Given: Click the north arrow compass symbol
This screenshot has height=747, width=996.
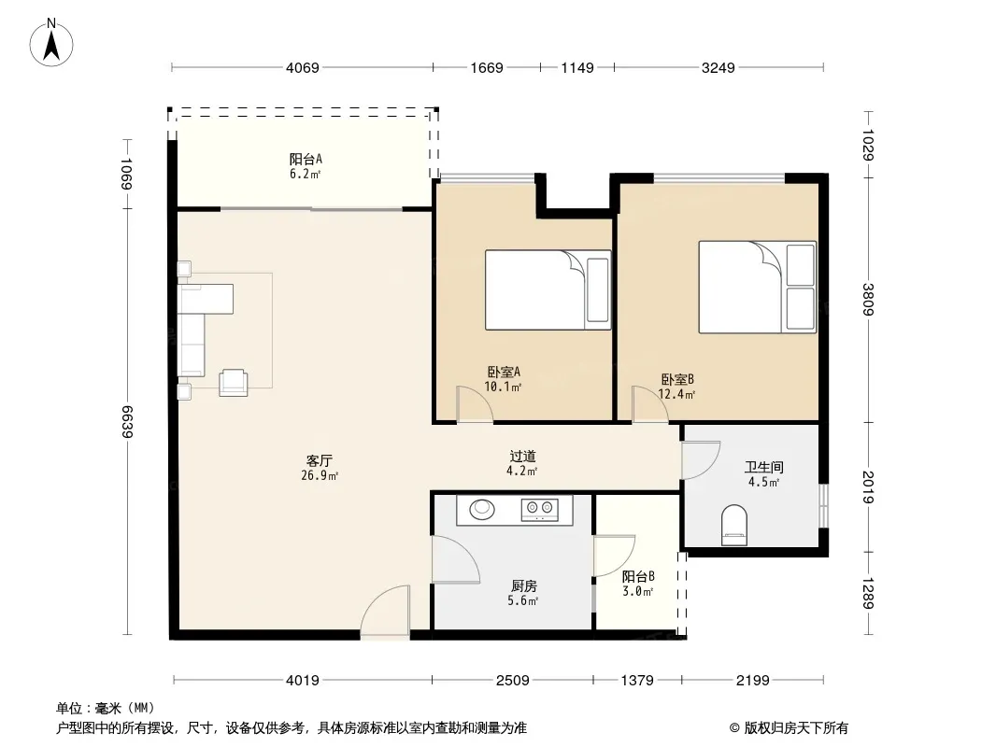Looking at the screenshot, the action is (51, 43).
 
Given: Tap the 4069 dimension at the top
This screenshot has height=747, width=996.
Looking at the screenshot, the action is (303, 67).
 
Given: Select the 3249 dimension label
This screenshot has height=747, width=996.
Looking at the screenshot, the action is (718, 67).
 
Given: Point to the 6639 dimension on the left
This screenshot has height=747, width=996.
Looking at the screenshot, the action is (126, 421).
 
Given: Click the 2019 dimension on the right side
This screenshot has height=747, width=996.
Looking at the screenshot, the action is (868, 486).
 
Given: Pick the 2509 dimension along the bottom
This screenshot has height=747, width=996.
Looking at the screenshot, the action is (512, 681).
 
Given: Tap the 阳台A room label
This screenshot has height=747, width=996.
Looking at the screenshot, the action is (306, 166).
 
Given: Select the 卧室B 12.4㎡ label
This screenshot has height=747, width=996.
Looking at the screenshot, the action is (677, 387).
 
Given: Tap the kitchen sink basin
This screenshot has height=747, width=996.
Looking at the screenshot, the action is (483, 509).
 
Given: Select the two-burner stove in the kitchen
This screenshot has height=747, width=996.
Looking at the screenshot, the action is (540, 510).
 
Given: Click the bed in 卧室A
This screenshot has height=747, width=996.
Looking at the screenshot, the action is (548, 289).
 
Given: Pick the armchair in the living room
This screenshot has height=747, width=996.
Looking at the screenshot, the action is (234, 383).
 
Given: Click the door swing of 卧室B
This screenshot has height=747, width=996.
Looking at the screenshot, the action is (649, 404).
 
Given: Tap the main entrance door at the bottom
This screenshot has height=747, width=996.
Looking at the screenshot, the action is (386, 610).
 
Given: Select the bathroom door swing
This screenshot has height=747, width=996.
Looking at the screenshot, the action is (701, 460).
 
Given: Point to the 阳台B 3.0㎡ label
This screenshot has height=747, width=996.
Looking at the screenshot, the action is (638, 584).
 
